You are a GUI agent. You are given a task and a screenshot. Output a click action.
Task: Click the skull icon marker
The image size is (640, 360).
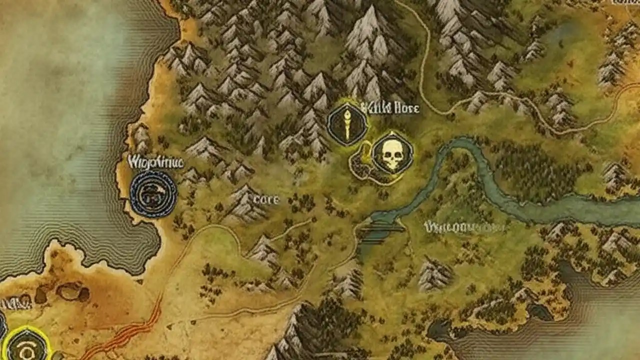[392, 153]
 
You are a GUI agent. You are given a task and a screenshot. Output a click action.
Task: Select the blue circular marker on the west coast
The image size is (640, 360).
[153, 194]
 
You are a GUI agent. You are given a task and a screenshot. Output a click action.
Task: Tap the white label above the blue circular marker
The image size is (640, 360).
[155, 162]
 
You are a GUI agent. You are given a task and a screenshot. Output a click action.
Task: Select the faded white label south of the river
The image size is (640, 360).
[463, 227]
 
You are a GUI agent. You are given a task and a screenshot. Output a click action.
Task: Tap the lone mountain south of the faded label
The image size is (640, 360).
[434, 273]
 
